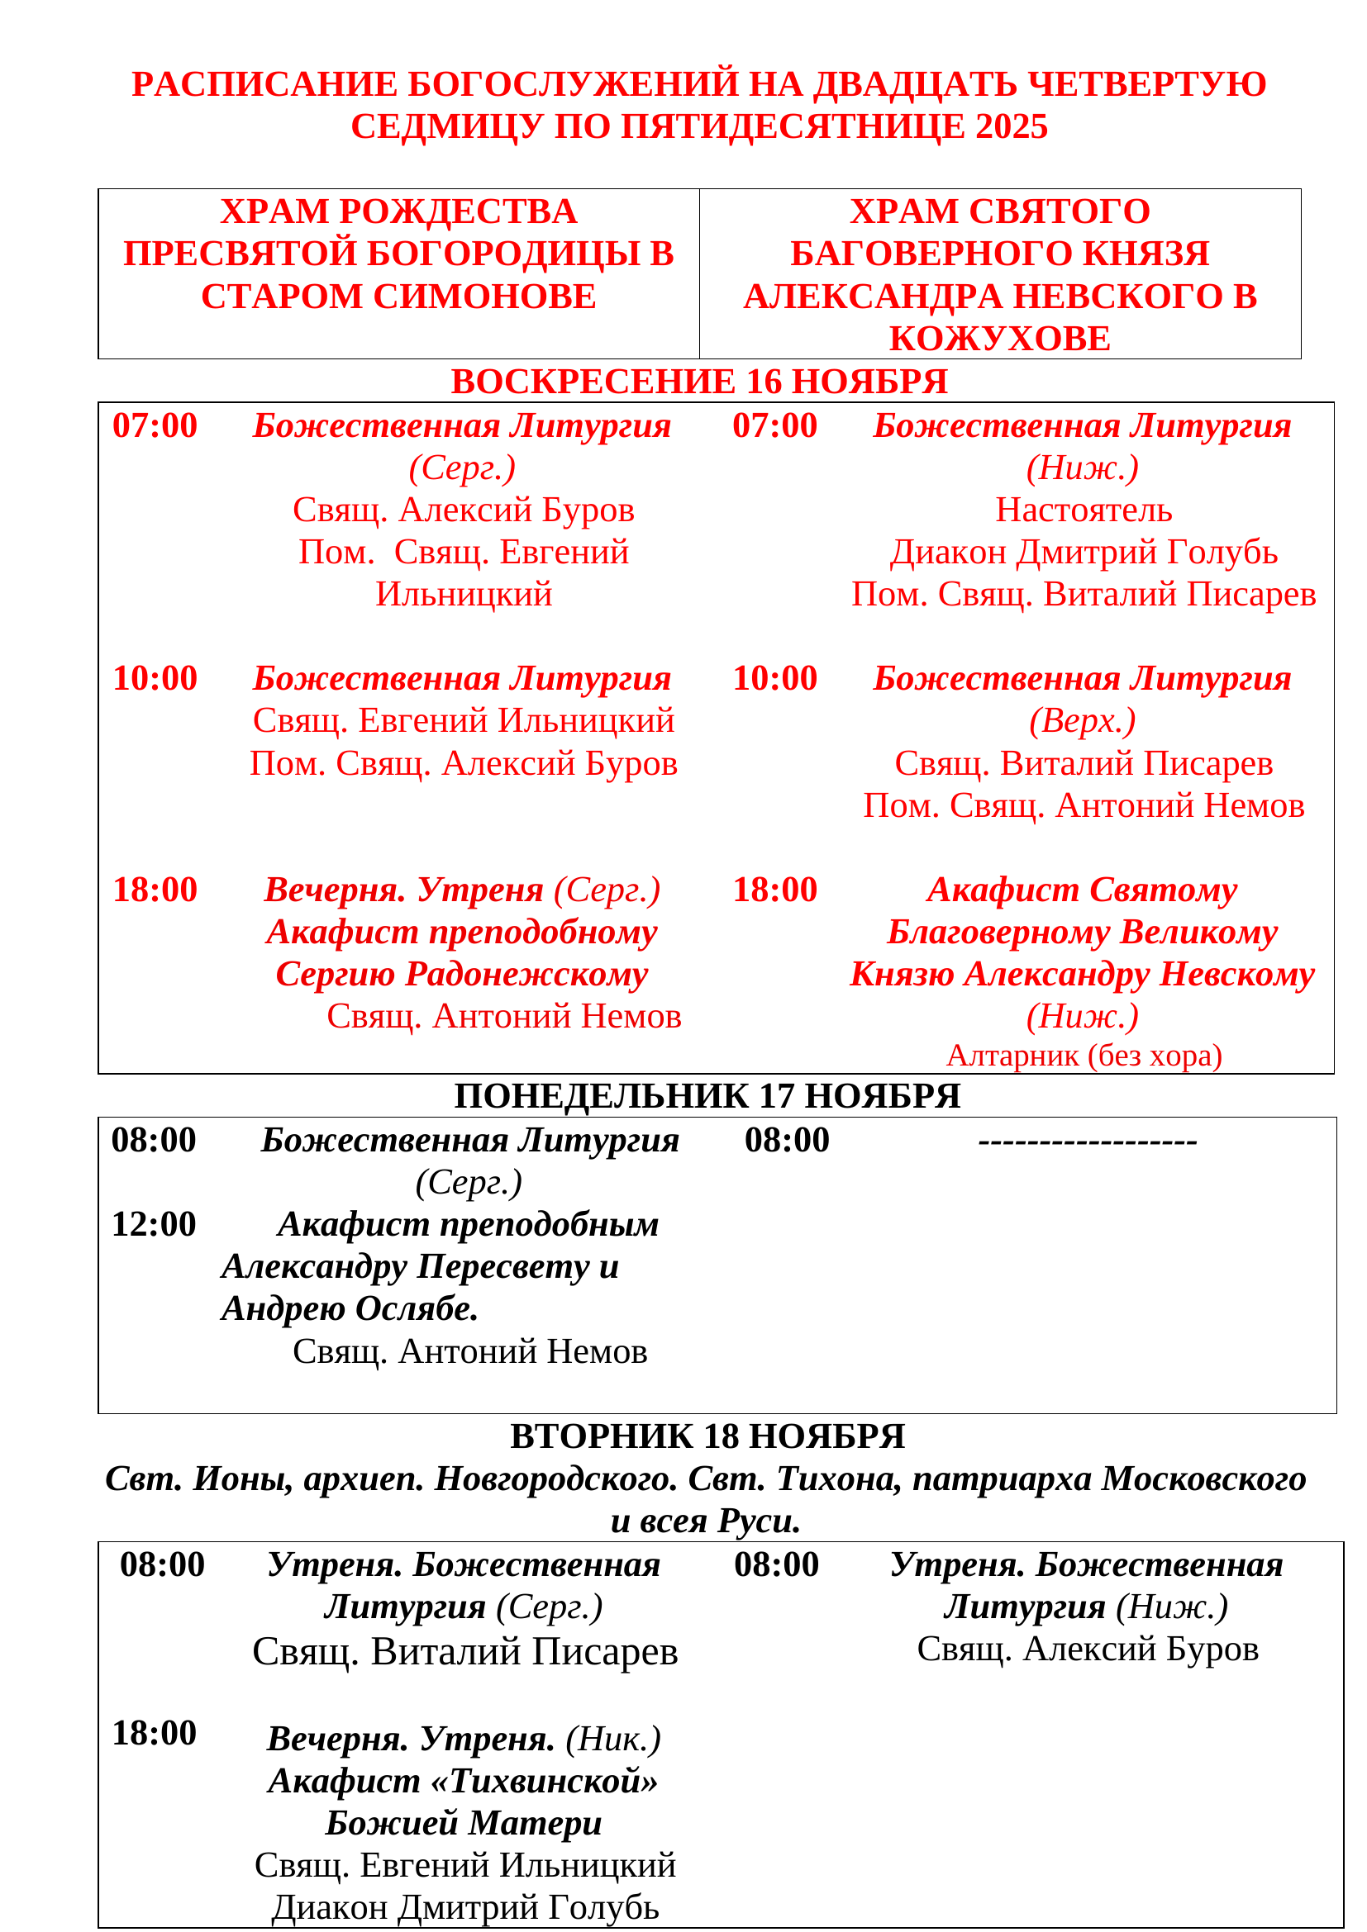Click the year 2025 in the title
coord(1011,127)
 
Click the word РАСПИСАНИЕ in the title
coord(264,85)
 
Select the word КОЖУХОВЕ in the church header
coord(999,339)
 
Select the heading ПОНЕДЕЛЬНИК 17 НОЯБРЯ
coord(707,1097)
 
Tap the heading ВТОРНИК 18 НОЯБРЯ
coord(707,1437)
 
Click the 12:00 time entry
coord(154,1225)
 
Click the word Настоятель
coord(1084,510)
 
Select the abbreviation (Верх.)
coord(1083,721)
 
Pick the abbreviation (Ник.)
coord(613,1740)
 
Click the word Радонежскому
coord(527,975)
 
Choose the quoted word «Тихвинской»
coord(554,1782)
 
